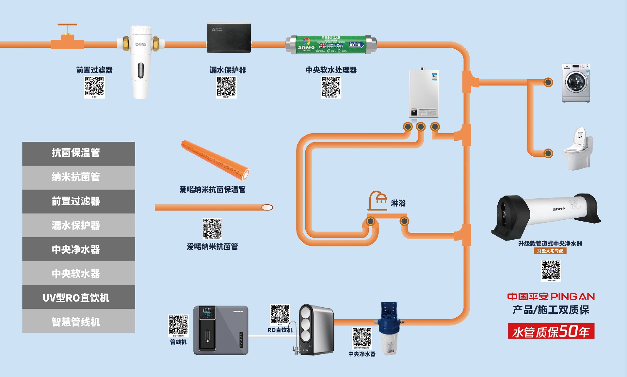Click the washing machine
(576, 83)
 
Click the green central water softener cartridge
(331, 45)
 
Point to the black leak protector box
(229, 38)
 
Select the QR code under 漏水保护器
(226, 86)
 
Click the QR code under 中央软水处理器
(331, 86)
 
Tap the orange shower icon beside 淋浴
(378, 200)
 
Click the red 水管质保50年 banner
(551, 331)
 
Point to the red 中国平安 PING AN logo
(551, 296)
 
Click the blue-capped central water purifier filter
(389, 328)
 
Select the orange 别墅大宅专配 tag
(550, 251)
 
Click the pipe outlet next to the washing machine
(548, 82)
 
